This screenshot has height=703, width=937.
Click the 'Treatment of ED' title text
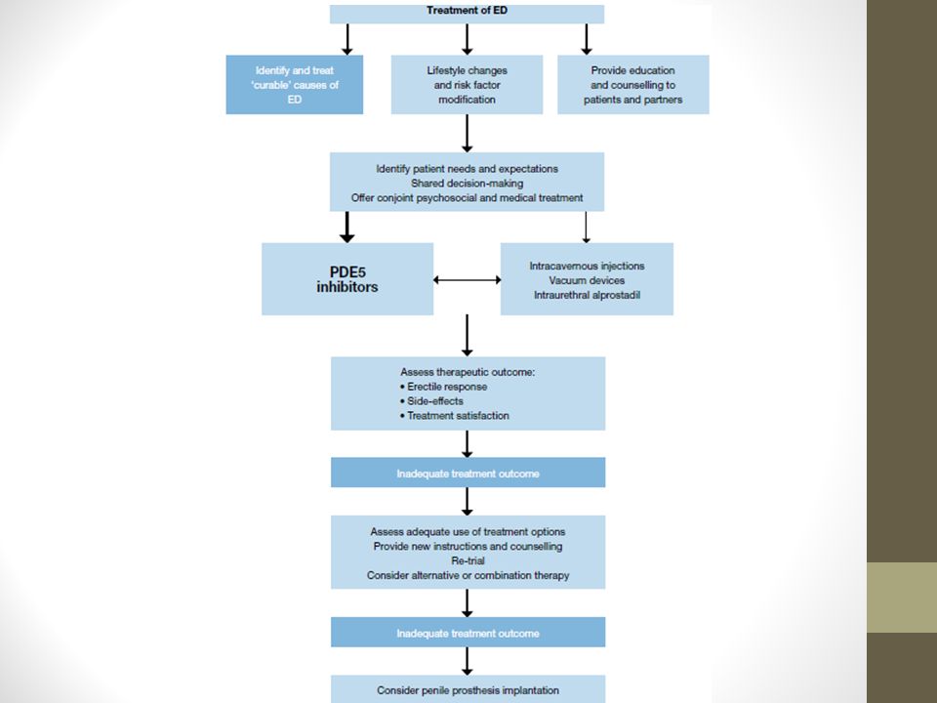point(467,10)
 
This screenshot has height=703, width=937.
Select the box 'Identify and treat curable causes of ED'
point(295,85)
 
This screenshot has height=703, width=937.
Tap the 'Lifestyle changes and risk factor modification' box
point(467,85)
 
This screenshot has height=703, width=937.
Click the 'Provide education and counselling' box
point(632,85)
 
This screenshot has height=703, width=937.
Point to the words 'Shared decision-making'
point(467,184)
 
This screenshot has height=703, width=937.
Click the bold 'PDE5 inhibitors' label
point(347,280)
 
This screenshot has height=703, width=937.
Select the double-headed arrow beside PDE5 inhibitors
point(467,280)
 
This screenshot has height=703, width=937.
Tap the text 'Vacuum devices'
point(587,280)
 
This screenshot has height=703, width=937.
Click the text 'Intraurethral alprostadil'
point(587,295)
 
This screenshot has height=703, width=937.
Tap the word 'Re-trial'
point(468,560)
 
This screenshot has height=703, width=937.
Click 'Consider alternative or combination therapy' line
point(468,575)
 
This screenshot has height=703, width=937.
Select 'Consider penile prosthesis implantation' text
point(468,690)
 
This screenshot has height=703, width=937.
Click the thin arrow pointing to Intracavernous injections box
point(586,227)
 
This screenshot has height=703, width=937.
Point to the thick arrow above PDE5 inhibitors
point(347,227)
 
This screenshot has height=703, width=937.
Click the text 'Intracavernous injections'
point(587,266)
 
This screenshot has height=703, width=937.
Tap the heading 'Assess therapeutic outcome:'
point(468,372)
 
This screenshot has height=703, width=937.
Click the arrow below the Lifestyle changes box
point(468,134)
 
